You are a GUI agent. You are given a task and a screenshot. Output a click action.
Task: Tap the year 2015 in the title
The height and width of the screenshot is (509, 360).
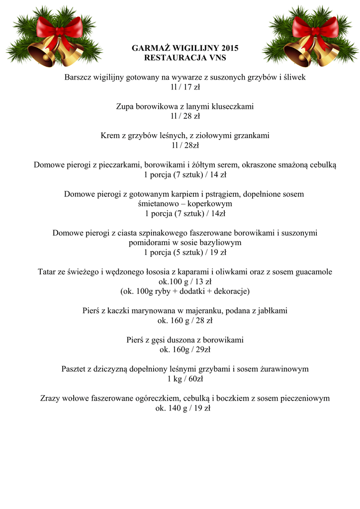click(x=228, y=48)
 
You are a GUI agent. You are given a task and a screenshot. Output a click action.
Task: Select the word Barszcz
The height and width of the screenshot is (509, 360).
click(x=79, y=78)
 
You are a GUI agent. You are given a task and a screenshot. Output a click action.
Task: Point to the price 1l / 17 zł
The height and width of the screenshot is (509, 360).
click(x=185, y=87)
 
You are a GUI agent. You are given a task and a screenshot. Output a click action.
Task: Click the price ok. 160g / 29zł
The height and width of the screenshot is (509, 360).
click(x=185, y=349)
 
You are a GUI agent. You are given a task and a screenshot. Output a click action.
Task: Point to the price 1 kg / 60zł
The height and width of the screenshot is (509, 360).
click(x=185, y=379)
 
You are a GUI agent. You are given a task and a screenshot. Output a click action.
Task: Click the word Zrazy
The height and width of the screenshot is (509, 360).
click(x=50, y=398)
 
